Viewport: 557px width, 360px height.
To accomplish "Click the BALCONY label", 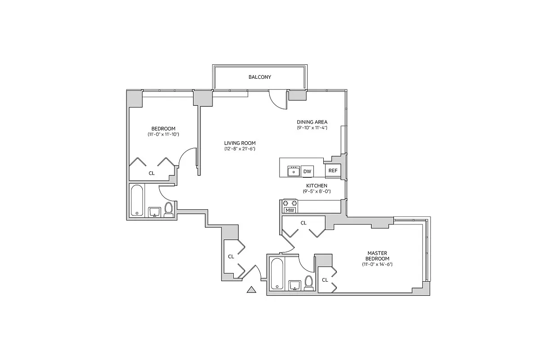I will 260,77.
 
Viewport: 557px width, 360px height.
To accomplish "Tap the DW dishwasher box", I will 307,171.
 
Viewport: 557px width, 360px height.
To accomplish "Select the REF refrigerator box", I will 333,171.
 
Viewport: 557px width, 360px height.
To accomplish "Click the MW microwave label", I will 290,210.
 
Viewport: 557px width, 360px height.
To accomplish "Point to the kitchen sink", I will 294,171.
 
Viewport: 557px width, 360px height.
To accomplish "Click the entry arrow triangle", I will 252,290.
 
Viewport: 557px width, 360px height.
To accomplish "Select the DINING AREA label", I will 312,122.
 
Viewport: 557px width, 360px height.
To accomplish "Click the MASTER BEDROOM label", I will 377,256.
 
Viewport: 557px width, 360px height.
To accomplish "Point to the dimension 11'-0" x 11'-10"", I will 163,134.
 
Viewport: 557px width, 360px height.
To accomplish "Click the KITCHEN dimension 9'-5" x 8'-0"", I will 317,191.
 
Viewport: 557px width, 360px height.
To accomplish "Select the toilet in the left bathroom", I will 168,210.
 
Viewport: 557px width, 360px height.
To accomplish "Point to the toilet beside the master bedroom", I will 309,283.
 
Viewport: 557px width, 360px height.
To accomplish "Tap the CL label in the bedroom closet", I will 151,173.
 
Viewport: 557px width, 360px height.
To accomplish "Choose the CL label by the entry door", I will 231,256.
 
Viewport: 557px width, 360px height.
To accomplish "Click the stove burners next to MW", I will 290,203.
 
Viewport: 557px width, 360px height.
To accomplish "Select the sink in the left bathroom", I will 154,211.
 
